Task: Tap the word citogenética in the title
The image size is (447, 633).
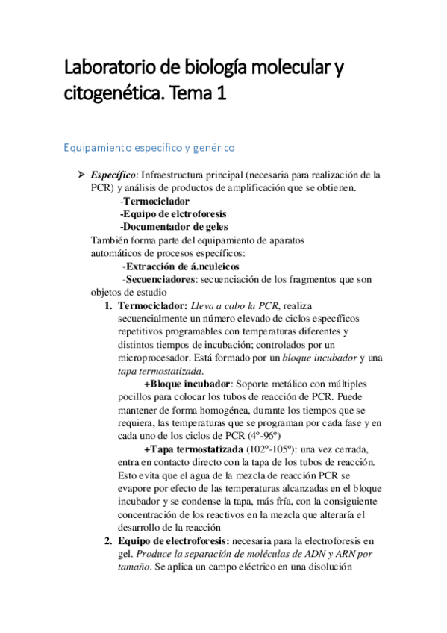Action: [x=112, y=94]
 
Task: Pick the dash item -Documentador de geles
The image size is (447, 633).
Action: [x=173, y=226]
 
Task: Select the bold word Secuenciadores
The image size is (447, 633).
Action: [x=159, y=278]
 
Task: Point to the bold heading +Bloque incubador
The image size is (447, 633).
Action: [x=187, y=384]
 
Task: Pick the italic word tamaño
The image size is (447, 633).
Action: [x=132, y=567]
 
